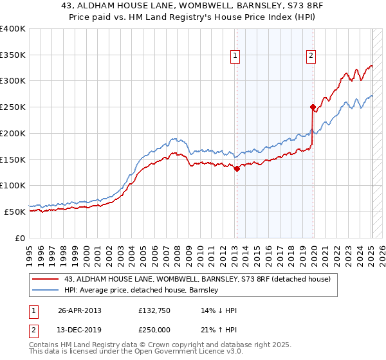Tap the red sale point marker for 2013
click(237, 169)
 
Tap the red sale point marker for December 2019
click(313, 107)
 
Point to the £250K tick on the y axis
click(13, 107)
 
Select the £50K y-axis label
click(14, 212)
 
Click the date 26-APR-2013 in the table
click(80, 310)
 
